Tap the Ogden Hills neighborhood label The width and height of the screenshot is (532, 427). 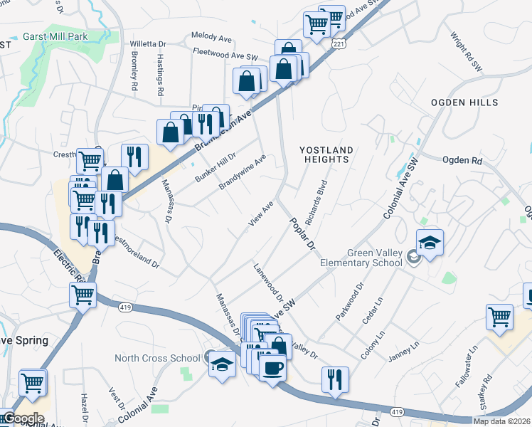click(464, 102)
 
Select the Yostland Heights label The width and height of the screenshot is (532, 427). click(326, 154)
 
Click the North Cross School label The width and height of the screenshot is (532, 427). click(158, 358)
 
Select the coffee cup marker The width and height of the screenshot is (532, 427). click(272, 368)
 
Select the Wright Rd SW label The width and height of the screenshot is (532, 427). click(462, 50)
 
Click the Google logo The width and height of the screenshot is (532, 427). click(23, 418)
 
